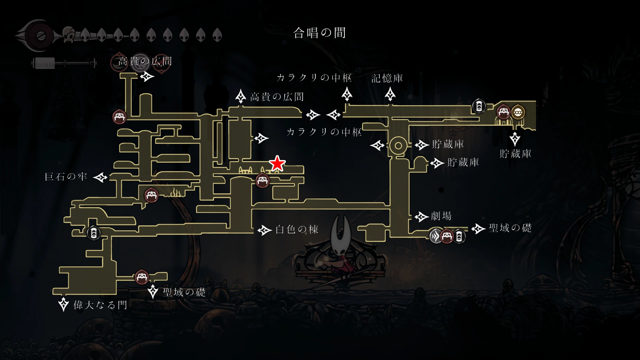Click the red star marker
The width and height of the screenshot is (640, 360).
tap(277, 163)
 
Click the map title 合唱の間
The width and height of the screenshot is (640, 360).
tap(319, 33)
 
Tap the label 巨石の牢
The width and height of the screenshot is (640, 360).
tap(66, 177)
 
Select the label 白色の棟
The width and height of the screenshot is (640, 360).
tap(297, 229)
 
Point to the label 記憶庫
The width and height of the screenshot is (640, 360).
tap(387, 78)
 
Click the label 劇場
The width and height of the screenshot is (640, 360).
tap(441, 216)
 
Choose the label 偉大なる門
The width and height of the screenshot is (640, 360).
tap(100, 305)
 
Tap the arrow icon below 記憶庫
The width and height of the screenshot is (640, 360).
tap(390, 94)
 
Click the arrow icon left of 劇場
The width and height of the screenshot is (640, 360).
tap(421, 217)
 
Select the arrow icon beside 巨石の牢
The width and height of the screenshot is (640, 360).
tap(100, 177)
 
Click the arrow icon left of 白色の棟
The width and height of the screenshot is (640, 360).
tap(265, 230)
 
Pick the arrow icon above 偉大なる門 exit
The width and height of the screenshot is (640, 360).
tap(63, 304)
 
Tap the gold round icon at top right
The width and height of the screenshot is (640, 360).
tap(518, 113)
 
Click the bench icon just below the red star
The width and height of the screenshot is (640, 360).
tap(262, 181)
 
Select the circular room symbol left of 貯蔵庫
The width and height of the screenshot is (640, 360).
tap(398, 146)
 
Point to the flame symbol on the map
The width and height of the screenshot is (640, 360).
tap(175, 193)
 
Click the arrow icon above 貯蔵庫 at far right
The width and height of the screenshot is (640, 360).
tap(515, 139)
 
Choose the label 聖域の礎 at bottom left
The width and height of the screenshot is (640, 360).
tap(184, 292)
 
